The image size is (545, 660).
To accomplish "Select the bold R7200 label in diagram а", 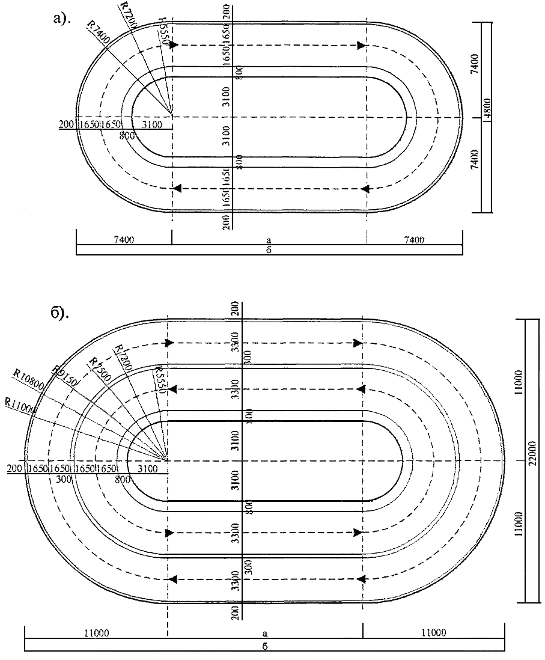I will [127, 13].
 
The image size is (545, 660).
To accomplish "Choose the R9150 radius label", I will [64, 373].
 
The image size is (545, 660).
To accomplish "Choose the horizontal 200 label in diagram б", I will [16, 468].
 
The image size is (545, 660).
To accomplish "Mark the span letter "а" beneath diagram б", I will [264, 633].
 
